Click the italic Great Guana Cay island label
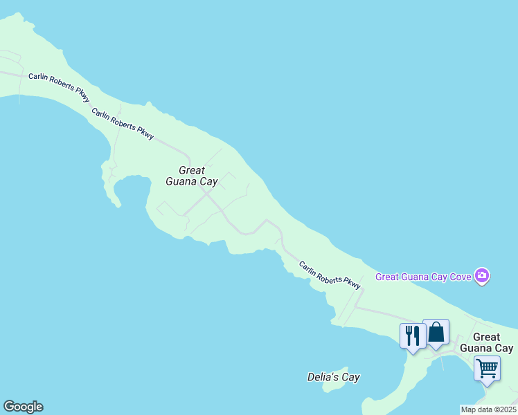click(x=192, y=176)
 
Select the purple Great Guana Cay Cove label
click(x=423, y=277)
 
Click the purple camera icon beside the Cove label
click(x=483, y=277)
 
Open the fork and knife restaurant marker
click(x=413, y=336)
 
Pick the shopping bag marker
click(x=436, y=333)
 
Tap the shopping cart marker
click(x=488, y=368)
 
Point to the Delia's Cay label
click(x=334, y=378)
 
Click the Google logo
click(x=23, y=407)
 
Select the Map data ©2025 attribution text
click(x=488, y=409)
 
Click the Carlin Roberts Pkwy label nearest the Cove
click(x=330, y=275)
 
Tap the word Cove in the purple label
click(x=460, y=277)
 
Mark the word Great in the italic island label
click(x=192, y=170)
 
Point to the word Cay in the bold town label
click(x=503, y=348)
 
